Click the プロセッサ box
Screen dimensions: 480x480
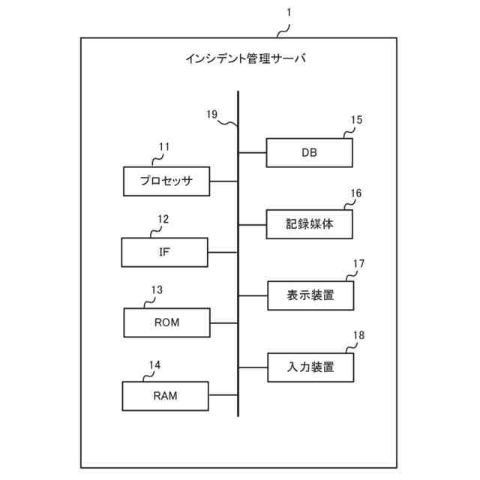pyautogui.click(x=166, y=181)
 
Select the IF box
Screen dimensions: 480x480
pyautogui.click(x=164, y=252)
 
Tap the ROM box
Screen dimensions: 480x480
pyautogui.click(x=166, y=323)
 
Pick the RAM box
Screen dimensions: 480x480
pyautogui.click(x=166, y=395)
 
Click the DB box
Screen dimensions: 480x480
pyautogui.click(x=309, y=152)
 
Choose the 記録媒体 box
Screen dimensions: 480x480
pyautogui.click(x=309, y=224)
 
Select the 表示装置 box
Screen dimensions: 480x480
pyautogui.click(x=310, y=295)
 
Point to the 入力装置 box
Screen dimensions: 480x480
pyautogui.click(x=310, y=367)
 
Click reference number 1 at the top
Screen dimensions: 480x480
pyautogui.click(x=290, y=13)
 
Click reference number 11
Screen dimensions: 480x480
pyautogui.click(x=163, y=146)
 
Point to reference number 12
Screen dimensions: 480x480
pyautogui.click(x=163, y=219)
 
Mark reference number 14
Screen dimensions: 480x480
pyautogui.click(x=154, y=365)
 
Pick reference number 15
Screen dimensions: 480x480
pyautogui.click(x=356, y=120)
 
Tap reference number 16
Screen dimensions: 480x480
pyautogui.click(x=355, y=193)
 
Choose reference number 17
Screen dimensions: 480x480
pyautogui.click(x=358, y=264)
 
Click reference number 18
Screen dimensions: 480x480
pyautogui.click(x=358, y=335)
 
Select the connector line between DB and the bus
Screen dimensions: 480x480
pyautogui.click(x=253, y=152)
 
